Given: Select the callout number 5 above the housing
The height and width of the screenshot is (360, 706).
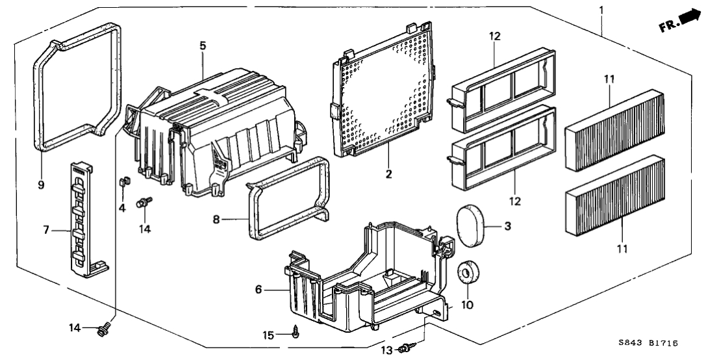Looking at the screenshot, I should [x=203, y=45].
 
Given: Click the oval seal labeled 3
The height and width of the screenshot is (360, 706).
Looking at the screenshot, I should [x=473, y=226].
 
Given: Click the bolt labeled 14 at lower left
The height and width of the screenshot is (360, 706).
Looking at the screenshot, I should [x=102, y=330].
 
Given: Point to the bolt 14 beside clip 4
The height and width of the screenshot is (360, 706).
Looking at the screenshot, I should [x=142, y=204].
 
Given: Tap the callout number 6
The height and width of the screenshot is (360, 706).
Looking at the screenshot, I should [x=258, y=289].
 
